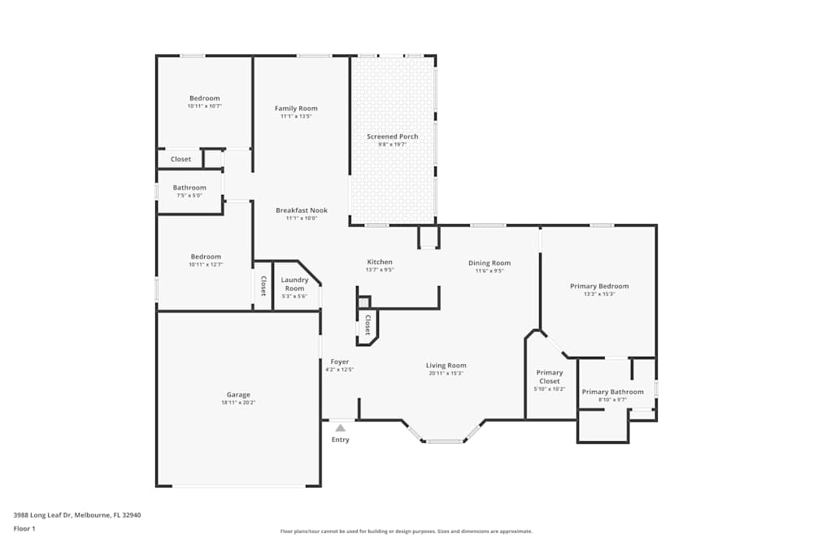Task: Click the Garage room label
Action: tap(238, 395)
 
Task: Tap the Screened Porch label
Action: tap(392, 137)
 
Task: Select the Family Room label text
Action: tap(296, 109)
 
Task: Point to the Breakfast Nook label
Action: tap(301, 210)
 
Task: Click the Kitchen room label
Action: tap(380, 262)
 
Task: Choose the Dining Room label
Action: tap(489, 263)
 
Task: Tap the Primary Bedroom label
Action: tap(599, 286)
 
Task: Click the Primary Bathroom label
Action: tap(612, 392)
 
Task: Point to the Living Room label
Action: tap(446, 366)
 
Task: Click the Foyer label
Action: tap(339, 362)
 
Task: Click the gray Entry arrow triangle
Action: tap(341, 427)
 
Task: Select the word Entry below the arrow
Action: tap(341, 440)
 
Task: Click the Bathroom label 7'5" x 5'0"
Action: tap(189, 188)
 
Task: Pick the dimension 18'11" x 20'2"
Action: tap(238, 403)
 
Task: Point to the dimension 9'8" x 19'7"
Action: tap(392, 145)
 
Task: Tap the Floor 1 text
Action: tap(24, 528)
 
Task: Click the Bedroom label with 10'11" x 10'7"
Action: tap(204, 98)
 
